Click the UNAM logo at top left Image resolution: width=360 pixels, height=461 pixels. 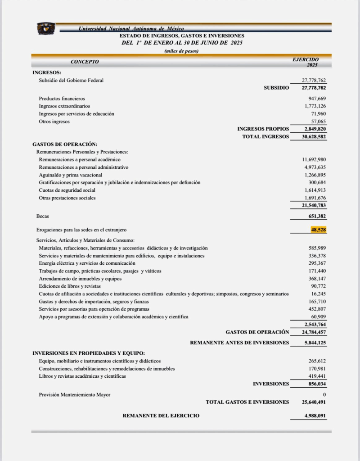pos(46,28)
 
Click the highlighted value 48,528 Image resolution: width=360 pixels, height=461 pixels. pos(318,230)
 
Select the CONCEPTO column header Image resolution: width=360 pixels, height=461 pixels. pos(85,62)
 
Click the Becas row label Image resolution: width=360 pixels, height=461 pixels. pos(43,217)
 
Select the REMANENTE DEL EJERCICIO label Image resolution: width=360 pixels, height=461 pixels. pos(161,416)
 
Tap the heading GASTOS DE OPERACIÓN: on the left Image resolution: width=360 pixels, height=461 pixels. pos(65,144)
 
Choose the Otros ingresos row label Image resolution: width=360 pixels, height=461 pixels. pos(54,121)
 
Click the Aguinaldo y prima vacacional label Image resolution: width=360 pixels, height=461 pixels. pos(71,175)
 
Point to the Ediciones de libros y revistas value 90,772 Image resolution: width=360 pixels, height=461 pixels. pos(319,286)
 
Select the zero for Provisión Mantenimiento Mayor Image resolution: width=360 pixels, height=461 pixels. pos(324,394)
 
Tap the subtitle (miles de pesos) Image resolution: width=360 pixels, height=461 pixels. pos(181,51)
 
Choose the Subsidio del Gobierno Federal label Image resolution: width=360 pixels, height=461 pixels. pos(71,80)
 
